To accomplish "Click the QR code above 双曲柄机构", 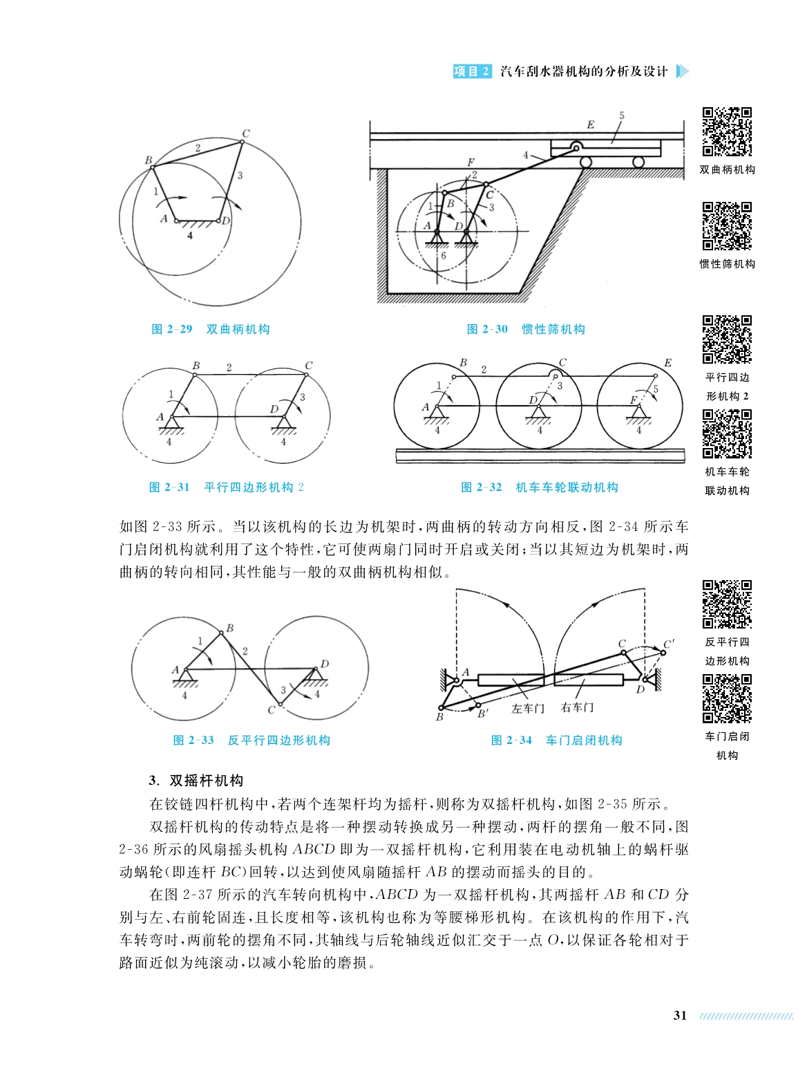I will coord(727,131).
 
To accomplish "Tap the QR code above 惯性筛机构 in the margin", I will coord(727,225).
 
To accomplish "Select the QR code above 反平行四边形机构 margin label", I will coord(727,604).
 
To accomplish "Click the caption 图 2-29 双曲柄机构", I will coord(210,329).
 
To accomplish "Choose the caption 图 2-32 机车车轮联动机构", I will coord(539,487).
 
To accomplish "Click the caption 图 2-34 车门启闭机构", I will coord(556,741).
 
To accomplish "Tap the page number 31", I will coord(680,1016).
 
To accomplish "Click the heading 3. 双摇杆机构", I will coord(196,781).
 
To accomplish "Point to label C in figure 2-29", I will coord(246,133).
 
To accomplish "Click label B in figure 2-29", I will coord(148,160).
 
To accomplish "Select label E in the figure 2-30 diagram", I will coord(590,125).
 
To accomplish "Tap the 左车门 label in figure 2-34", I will coord(528,709).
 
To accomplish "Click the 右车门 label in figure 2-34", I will coord(577,707).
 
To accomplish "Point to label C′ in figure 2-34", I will coord(668,644).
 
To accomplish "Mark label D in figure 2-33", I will coord(325,664).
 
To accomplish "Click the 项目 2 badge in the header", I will coord(472,71).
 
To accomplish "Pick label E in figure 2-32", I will coord(667,363).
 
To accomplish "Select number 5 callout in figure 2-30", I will coord(621,116).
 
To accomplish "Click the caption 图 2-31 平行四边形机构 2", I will coord(227,487).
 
